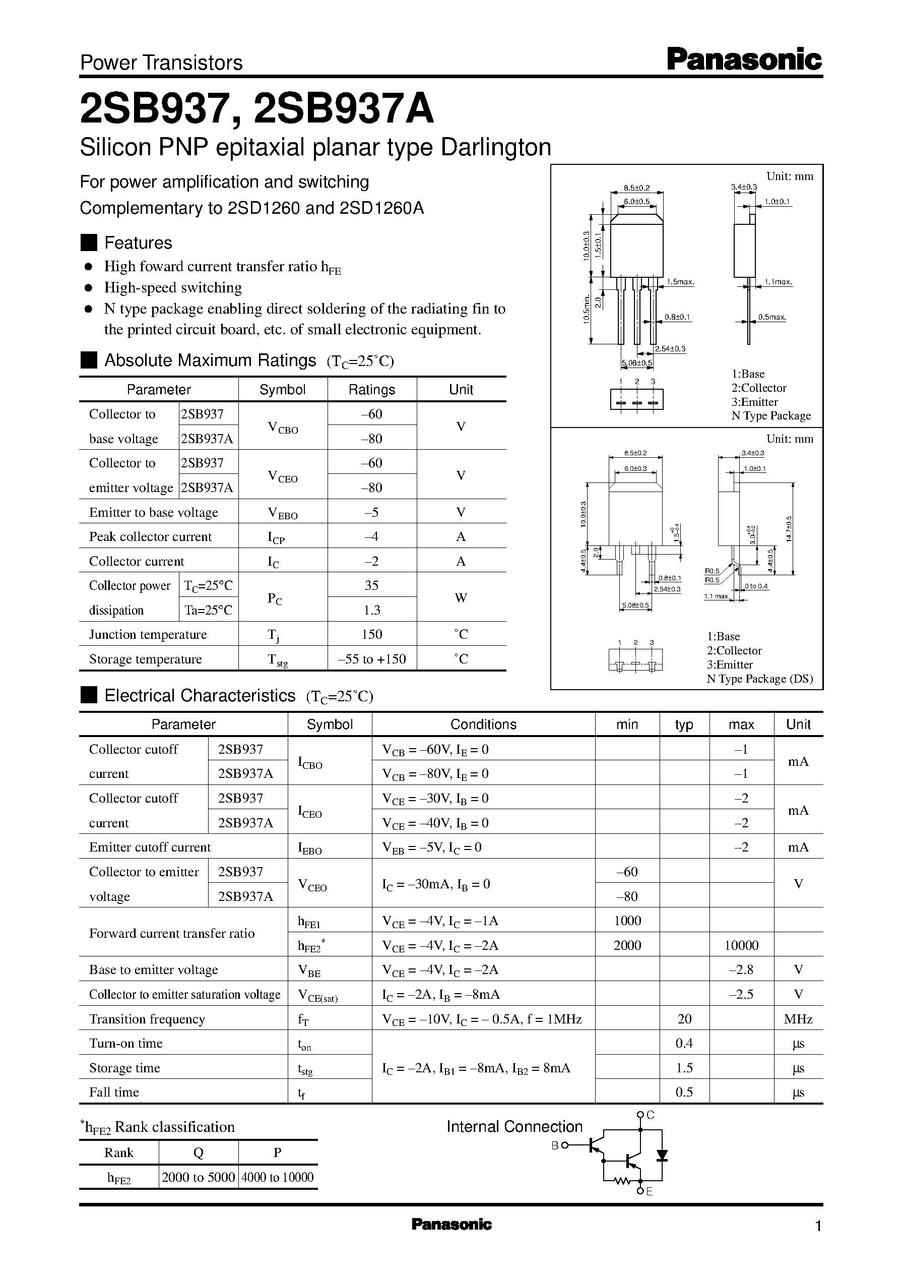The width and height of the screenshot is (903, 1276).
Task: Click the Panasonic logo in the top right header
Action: (744, 59)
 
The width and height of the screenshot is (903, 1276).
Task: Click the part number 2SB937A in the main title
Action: (343, 109)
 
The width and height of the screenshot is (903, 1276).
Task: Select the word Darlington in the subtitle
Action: (495, 147)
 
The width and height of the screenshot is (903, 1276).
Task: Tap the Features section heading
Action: (138, 243)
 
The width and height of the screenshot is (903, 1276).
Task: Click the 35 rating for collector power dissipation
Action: (371, 585)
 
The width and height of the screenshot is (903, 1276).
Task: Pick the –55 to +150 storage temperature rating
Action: (371, 659)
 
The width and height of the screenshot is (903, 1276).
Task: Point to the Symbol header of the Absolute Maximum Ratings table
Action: (283, 389)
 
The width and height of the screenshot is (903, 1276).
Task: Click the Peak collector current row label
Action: (150, 537)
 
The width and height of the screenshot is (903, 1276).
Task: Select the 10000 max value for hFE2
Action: (741, 945)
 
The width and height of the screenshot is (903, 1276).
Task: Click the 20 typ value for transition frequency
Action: (684, 1018)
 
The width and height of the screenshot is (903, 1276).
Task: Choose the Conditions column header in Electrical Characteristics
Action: (483, 724)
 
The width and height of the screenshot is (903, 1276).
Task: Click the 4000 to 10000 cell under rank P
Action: (278, 1177)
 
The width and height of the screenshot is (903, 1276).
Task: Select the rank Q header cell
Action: (199, 1152)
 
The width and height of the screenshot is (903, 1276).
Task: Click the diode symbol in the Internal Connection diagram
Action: (662, 1156)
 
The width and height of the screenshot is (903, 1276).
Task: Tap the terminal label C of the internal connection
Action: (651, 1115)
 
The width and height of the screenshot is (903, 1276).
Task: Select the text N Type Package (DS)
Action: (759, 679)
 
